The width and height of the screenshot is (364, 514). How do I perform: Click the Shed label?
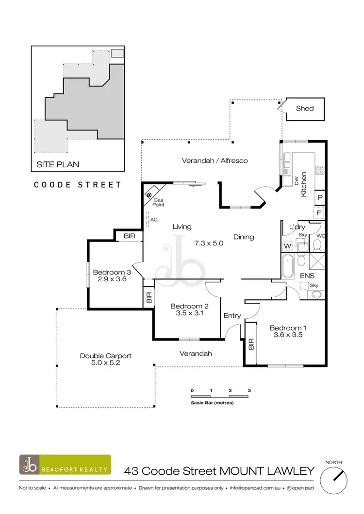click(x=305, y=109)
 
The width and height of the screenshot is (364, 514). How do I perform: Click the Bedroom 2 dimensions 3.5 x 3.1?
click(x=189, y=314)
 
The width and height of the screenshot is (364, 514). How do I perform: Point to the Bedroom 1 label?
click(x=288, y=328)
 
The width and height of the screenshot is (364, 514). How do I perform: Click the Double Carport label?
click(x=106, y=355)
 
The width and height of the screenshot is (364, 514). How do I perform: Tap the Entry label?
click(x=232, y=316)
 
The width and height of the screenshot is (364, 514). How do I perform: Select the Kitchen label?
click(x=304, y=184)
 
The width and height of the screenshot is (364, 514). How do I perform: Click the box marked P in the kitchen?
click(x=320, y=198)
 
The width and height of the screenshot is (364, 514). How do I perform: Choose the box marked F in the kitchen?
click(x=320, y=212)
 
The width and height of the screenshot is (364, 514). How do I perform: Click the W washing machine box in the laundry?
click(x=287, y=246)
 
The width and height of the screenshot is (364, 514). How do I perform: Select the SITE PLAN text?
click(x=58, y=164)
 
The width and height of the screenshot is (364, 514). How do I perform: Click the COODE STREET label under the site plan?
click(x=77, y=185)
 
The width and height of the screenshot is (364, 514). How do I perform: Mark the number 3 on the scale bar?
click(x=248, y=390)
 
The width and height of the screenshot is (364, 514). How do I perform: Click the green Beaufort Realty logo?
click(x=65, y=465)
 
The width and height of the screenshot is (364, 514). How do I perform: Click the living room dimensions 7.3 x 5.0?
click(x=209, y=243)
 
